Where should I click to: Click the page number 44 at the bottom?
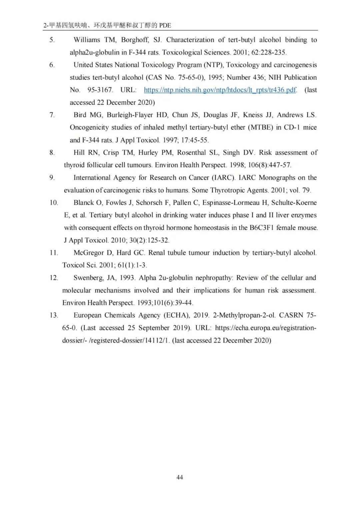pyautogui.click(x=179, y=477)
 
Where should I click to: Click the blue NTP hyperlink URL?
pyautogui.click(x=220, y=90)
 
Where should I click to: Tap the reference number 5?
pyautogui.click(x=52, y=40)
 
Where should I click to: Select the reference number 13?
pyautogui.click(x=54, y=315)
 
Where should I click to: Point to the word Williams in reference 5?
pyautogui.click(x=87, y=40)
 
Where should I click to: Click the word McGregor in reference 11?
pyautogui.click(x=88, y=253)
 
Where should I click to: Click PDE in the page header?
pyautogui.click(x=165, y=25)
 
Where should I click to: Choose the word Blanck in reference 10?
pyautogui.click(x=84, y=203)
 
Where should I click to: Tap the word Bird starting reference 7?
pyautogui.click(x=80, y=115)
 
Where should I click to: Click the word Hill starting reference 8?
pyautogui.click(x=79, y=153)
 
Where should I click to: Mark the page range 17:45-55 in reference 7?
pyautogui.click(x=195, y=140)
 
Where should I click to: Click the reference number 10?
pyautogui.click(x=54, y=203)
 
